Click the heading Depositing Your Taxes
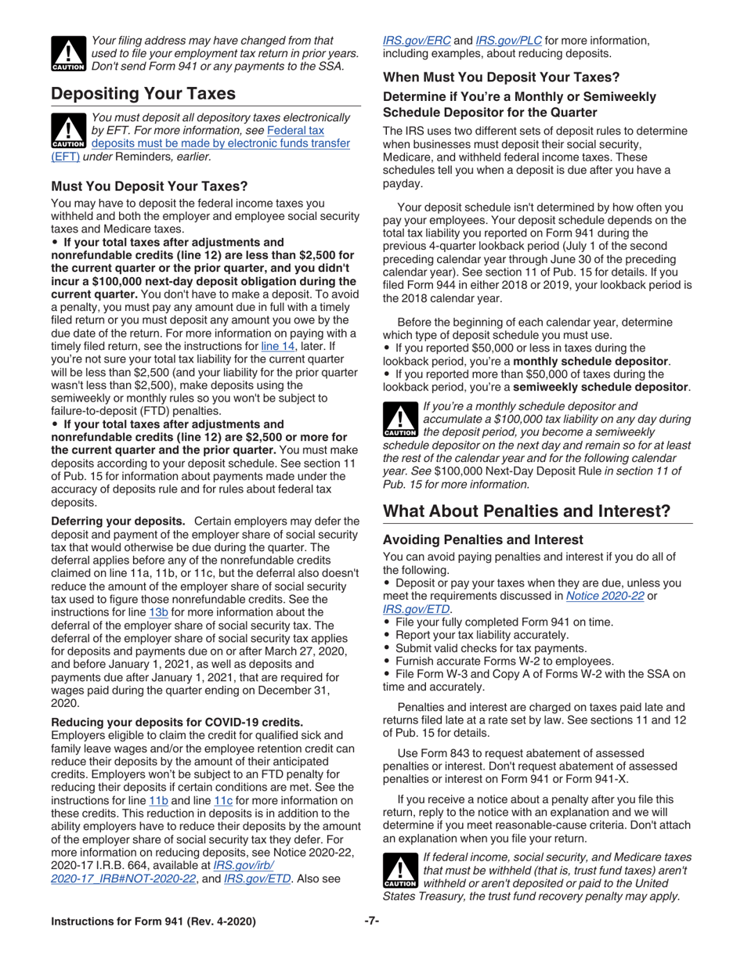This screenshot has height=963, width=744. pos(143,94)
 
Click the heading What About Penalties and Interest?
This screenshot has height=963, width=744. pos(526,511)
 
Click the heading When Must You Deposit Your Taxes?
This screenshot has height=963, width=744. pos(501,78)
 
